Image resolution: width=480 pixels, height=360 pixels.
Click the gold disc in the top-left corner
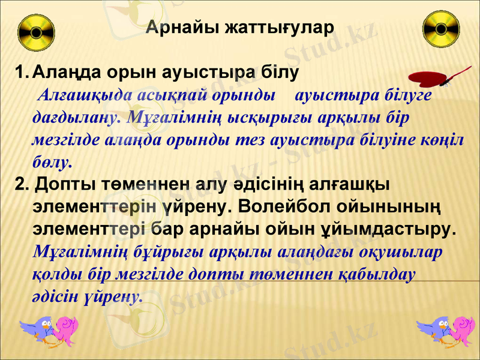pos(37,32)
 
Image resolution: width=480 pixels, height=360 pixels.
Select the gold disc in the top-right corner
pos(441,31)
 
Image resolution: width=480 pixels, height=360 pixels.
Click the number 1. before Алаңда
pos(22,73)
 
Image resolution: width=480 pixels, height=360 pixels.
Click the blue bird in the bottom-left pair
pos(37,329)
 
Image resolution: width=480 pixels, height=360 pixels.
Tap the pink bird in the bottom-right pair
pos(461,331)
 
